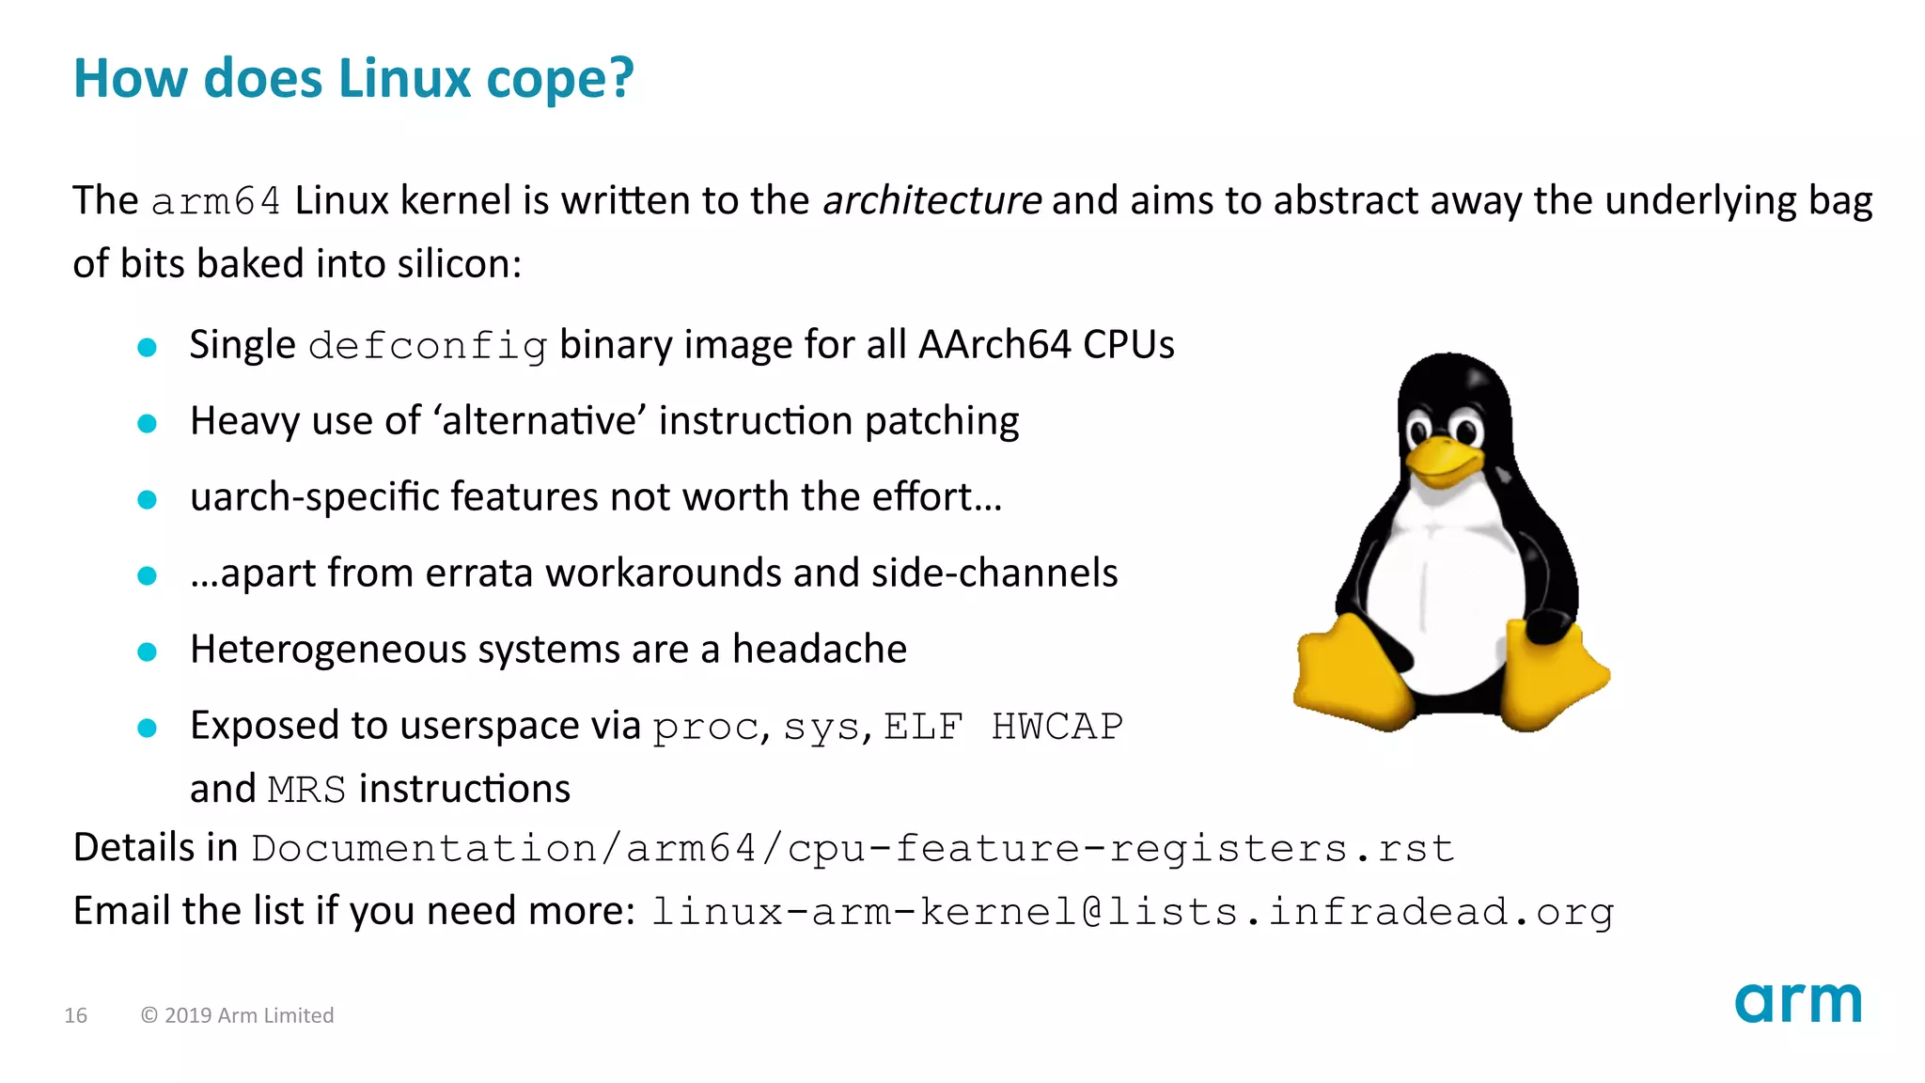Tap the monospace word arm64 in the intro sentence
216,202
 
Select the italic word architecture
931,201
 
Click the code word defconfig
428,347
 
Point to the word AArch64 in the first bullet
994,345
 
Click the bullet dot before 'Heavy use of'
147,423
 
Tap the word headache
819,650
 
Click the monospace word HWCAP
1056,727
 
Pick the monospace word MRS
306,790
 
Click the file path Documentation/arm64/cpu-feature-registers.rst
853,849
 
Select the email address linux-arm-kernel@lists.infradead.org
1132,912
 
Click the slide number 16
75,1015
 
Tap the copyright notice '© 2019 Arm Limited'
237,1015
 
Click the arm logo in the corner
1797,1004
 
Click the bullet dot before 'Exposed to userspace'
147,728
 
